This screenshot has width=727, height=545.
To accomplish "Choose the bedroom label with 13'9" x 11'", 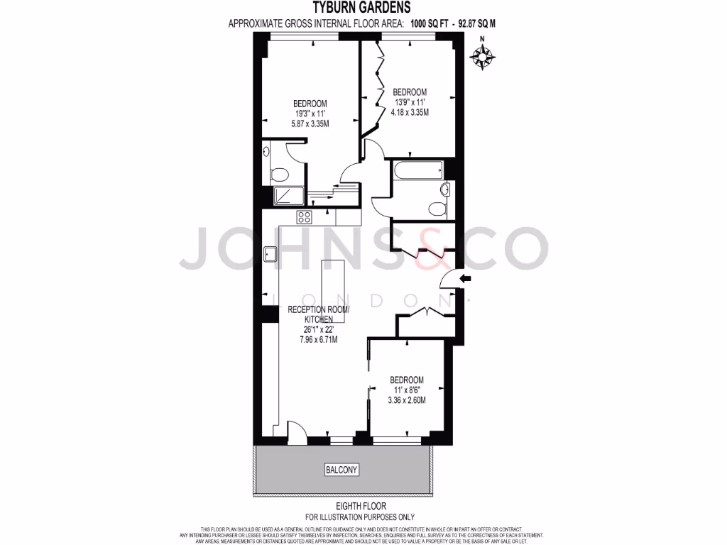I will tap(410, 102).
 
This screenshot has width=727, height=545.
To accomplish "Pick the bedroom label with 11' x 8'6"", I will tap(406, 390).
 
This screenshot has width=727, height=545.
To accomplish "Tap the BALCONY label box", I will tap(341, 470).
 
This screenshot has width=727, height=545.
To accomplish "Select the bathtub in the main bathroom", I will tap(417, 170).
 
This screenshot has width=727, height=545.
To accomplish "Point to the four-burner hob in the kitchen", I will tap(305, 216).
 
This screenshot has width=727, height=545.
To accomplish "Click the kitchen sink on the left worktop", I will tap(270, 253).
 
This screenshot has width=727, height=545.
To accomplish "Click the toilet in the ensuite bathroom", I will tap(279, 174).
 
